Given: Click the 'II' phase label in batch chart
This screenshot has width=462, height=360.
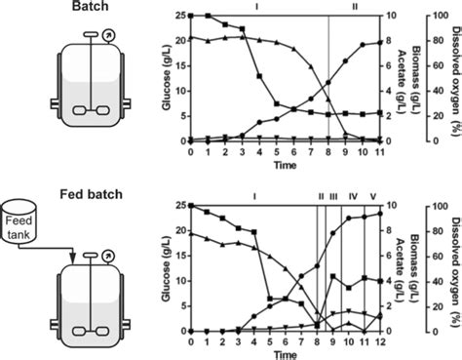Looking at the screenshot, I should click(354, 7).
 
